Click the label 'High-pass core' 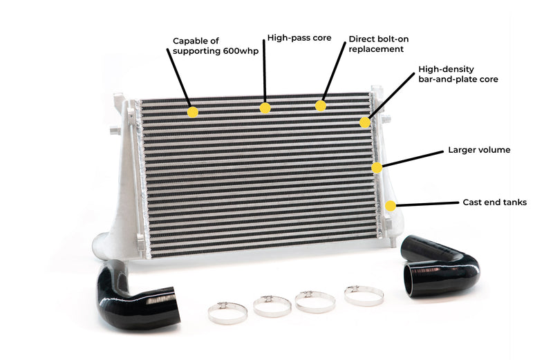(x=299, y=37)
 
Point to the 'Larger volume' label (x=479, y=149)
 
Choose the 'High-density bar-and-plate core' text (x=458, y=75)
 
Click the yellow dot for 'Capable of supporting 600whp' (x=192, y=111)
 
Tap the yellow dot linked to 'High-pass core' (x=265, y=108)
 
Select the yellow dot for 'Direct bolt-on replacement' (x=320, y=106)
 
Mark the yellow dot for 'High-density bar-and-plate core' (x=365, y=122)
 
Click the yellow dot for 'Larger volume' (x=377, y=167)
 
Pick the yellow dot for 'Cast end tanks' (x=391, y=205)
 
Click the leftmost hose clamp (x=227, y=312)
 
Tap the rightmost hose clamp (x=364, y=296)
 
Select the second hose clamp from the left (x=272, y=305)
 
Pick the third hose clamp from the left (x=315, y=301)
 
